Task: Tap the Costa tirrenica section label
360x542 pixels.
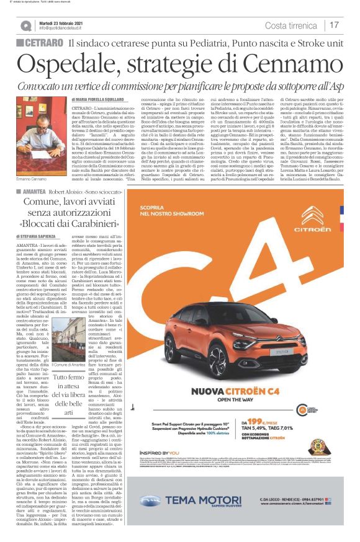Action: click(292, 25)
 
